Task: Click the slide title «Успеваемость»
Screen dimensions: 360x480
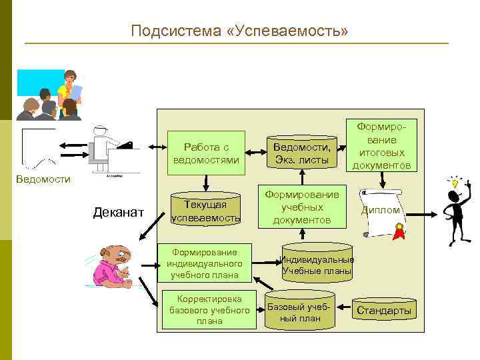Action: [239, 31]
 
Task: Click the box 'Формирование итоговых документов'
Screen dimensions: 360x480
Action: [381, 146]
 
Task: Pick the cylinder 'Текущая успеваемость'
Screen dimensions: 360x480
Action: [206, 210]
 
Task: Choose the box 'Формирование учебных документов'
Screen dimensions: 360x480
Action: [302, 207]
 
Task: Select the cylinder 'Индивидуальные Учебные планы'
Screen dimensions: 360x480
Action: [317, 265]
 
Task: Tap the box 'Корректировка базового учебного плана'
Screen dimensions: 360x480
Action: [209, 309]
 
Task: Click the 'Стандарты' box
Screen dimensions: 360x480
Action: [383, 311]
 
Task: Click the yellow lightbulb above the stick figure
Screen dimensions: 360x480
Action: [455, 181]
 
